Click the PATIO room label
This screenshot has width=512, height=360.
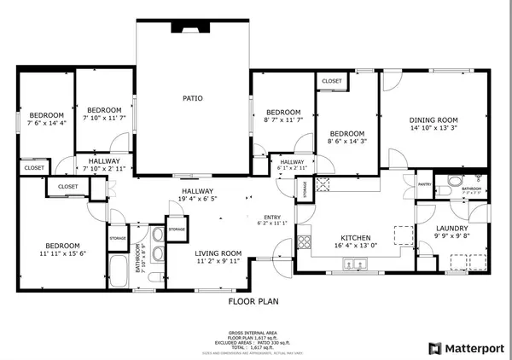[x=193, y=98]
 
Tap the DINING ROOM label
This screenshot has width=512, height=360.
[x=434, y=120]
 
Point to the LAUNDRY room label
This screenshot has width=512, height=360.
[x=452, y=228]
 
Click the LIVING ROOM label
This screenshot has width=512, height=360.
[x=218, y=253]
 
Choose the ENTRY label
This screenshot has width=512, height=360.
[x=272, y=217]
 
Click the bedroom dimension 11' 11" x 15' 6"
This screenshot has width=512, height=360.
[x=63, y=253]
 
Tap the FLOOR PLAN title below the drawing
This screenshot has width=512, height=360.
[x=252, y=302]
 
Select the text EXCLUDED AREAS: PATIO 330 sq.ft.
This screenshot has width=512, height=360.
[x=253, y=340]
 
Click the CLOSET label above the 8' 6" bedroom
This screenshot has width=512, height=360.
[x=331, y=81]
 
